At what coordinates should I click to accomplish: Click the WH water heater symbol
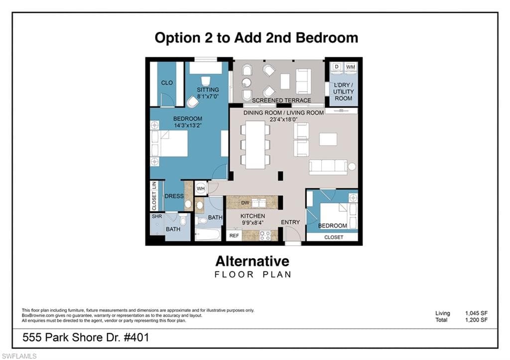point(201,189)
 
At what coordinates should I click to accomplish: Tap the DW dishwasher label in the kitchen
point(245,203)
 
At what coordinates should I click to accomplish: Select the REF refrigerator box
point(234,236)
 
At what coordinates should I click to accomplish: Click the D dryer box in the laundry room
point(337,67)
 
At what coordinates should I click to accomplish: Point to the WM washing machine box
point(351,67)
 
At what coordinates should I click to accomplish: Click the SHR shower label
point(157,216)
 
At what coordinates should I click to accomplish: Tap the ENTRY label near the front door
point(290,222)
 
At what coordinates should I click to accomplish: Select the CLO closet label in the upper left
point(167,83)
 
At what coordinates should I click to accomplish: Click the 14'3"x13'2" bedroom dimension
point(188,125)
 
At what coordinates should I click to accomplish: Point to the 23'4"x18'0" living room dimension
point(283,120)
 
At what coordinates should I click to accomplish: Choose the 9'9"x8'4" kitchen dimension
point(253,223)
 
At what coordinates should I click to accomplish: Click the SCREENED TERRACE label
point(282,101)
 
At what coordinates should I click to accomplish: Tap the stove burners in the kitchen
point(265,236)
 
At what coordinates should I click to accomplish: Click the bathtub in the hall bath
point(208,235)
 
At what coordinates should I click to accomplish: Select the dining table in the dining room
point(255,145)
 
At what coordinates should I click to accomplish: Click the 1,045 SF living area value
point(477,313)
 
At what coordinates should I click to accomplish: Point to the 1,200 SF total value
point(477,320)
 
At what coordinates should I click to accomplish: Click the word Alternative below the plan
point(253,261)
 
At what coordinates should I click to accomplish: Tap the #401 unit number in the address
point(136,338)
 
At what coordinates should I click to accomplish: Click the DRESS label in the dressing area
point(174,196)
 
